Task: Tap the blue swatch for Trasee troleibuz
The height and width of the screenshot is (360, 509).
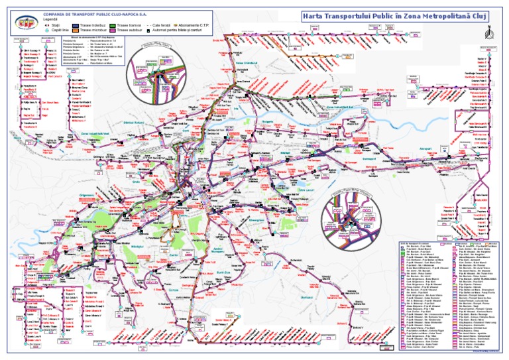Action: pos(76,25)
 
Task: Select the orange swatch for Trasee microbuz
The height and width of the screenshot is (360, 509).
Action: pos(76,30)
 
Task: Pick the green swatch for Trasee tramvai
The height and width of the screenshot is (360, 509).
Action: pos(113,25)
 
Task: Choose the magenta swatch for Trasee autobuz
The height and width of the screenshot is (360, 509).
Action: pos(113,30)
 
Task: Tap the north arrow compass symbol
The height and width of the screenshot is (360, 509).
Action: pos(488,32)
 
